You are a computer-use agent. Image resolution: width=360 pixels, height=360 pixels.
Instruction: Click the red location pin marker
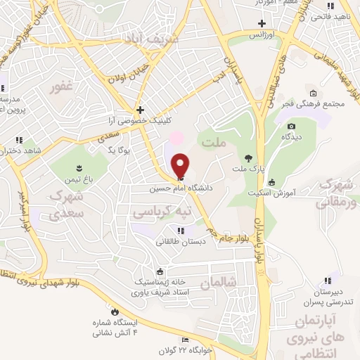pos(181,166)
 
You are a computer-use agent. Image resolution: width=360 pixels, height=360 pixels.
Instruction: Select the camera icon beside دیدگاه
pos(291,126)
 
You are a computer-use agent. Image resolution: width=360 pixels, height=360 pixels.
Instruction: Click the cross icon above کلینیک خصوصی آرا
pos(141,110)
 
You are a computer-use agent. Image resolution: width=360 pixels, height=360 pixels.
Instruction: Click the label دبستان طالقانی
pos(181,240)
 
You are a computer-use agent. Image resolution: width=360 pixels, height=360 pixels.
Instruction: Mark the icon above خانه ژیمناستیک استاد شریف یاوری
pos(160,272)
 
